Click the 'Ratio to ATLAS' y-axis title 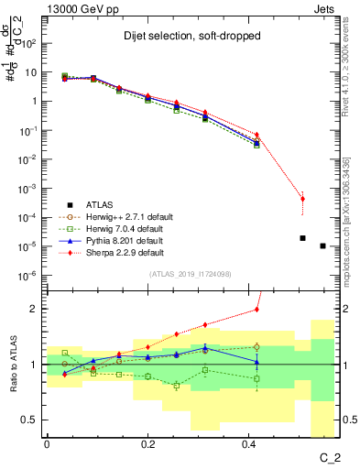12,365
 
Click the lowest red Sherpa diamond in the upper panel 302,199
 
